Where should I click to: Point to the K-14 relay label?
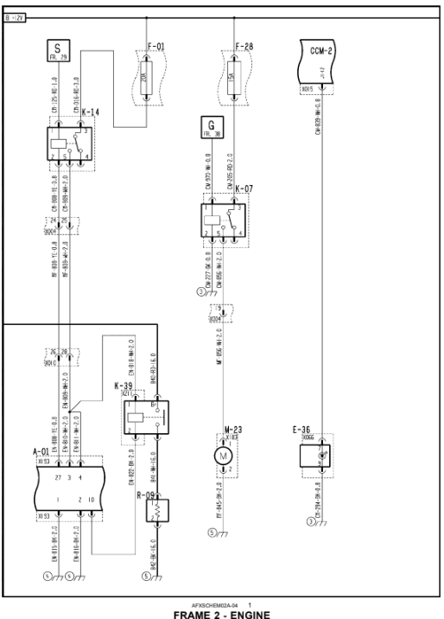coord(89,113)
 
